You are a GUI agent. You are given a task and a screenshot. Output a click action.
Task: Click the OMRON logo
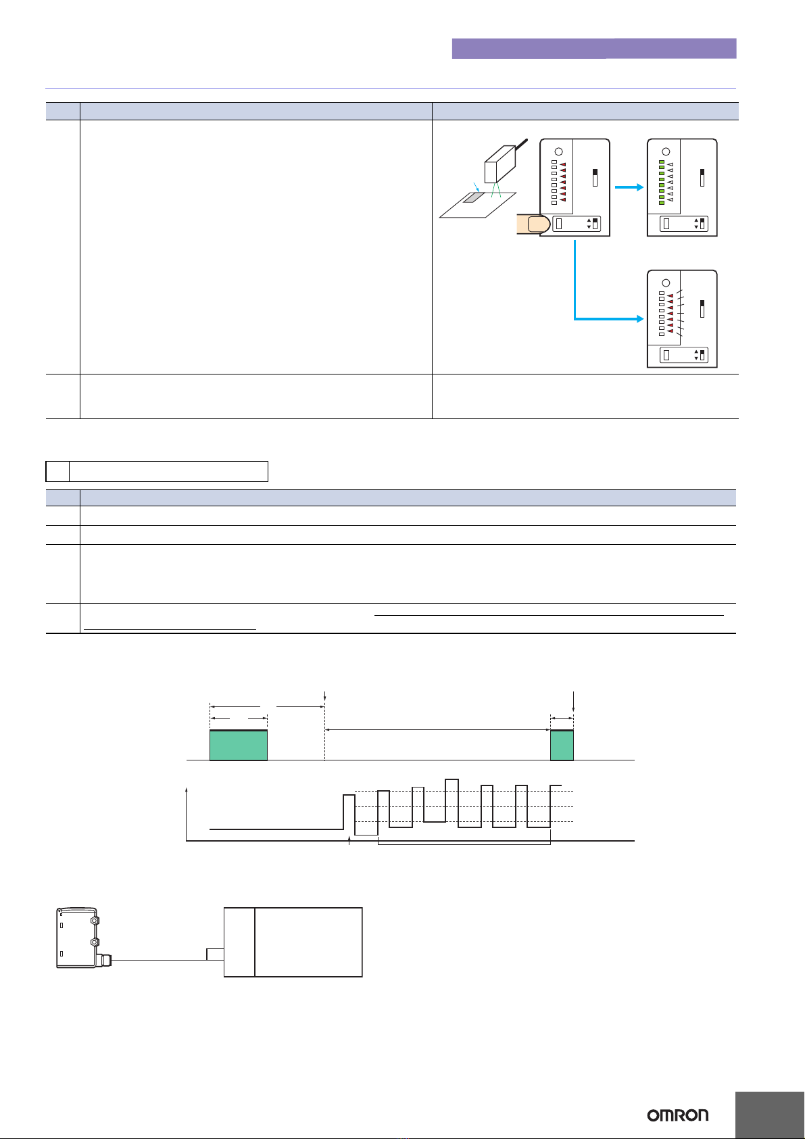point(677,1115)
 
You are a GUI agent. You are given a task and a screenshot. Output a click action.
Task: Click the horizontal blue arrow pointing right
point(629,187)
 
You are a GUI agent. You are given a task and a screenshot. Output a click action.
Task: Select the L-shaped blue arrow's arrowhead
point(640,319)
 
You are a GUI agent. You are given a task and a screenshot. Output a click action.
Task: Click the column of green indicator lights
point(662,182)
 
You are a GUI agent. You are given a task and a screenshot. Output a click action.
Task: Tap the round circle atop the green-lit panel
point(666,151)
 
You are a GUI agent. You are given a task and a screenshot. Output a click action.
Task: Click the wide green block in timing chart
point(239,745)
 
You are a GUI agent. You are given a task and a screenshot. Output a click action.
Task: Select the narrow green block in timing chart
point(562,745)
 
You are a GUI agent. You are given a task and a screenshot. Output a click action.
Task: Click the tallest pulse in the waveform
point(452,800)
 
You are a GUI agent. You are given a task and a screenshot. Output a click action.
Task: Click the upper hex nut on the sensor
point(93,921)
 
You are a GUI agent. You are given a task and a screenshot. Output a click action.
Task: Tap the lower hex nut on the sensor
point(94,942)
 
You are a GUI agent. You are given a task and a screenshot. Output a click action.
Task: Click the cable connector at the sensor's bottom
point(105,961)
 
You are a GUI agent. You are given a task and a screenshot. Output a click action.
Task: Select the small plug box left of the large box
point(215,954)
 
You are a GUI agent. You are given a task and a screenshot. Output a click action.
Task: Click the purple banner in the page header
point(594,48)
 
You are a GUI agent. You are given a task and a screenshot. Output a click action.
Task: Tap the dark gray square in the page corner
point(770,1115)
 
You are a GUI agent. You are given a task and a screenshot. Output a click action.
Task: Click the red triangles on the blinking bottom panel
point(670,313)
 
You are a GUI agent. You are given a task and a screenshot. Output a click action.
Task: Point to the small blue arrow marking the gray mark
point(476,187)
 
